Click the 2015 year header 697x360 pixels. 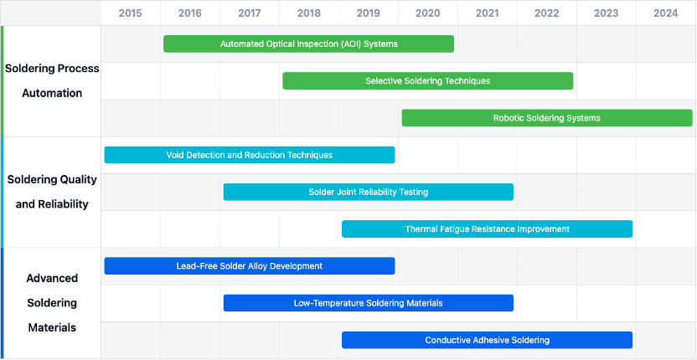point(130,13)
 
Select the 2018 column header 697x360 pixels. point(309,13)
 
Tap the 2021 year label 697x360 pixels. point(488,13)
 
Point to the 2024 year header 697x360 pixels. point(666,13)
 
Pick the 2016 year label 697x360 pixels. point(190,13)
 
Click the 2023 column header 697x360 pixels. point(607,13)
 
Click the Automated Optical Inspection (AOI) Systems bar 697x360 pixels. point(309,44)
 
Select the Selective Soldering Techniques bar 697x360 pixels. point(427,81)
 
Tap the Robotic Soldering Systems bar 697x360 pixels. point(547,118)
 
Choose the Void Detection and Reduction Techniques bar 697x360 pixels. point(250,155)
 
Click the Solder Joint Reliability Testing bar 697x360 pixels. point(369,192)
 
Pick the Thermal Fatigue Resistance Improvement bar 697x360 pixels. point(488,229)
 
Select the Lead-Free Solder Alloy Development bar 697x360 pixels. point(250,265)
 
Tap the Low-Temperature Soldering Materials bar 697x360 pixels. point(369,303)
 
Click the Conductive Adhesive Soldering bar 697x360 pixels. point(488,340)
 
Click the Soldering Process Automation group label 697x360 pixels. point(52,81)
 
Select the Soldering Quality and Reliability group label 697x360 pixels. point(52,192)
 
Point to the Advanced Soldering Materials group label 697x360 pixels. point(52,303)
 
